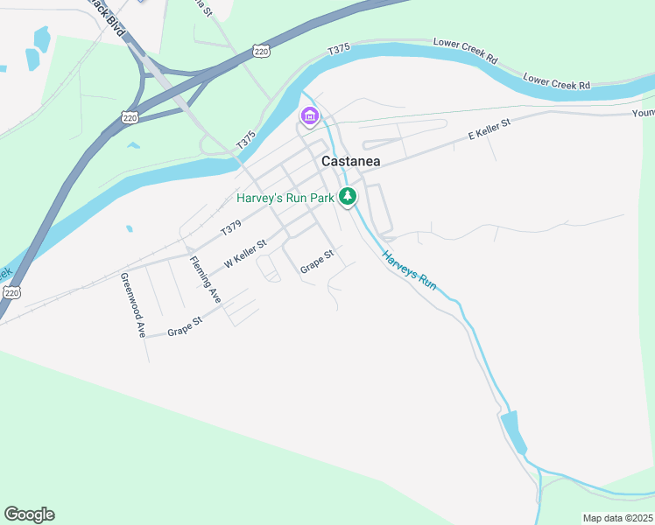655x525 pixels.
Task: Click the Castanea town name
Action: tap(350, 161)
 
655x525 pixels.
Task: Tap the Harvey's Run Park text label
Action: tap(285, 199)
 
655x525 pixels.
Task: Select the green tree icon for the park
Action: tap(349, 197)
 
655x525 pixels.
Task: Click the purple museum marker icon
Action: tap(309, 115)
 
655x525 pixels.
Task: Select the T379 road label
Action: tap(231, 228)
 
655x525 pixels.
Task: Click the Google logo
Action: tap(29, 514)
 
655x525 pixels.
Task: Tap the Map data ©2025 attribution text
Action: tap(617, 518)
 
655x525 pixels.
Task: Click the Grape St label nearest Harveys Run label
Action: tap(317, 261)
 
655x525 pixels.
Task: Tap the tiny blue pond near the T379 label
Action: tap(129, 228)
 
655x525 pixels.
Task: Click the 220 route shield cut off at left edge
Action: tap(11, 293)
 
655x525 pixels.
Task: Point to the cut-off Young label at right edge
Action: tap(644, 113)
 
